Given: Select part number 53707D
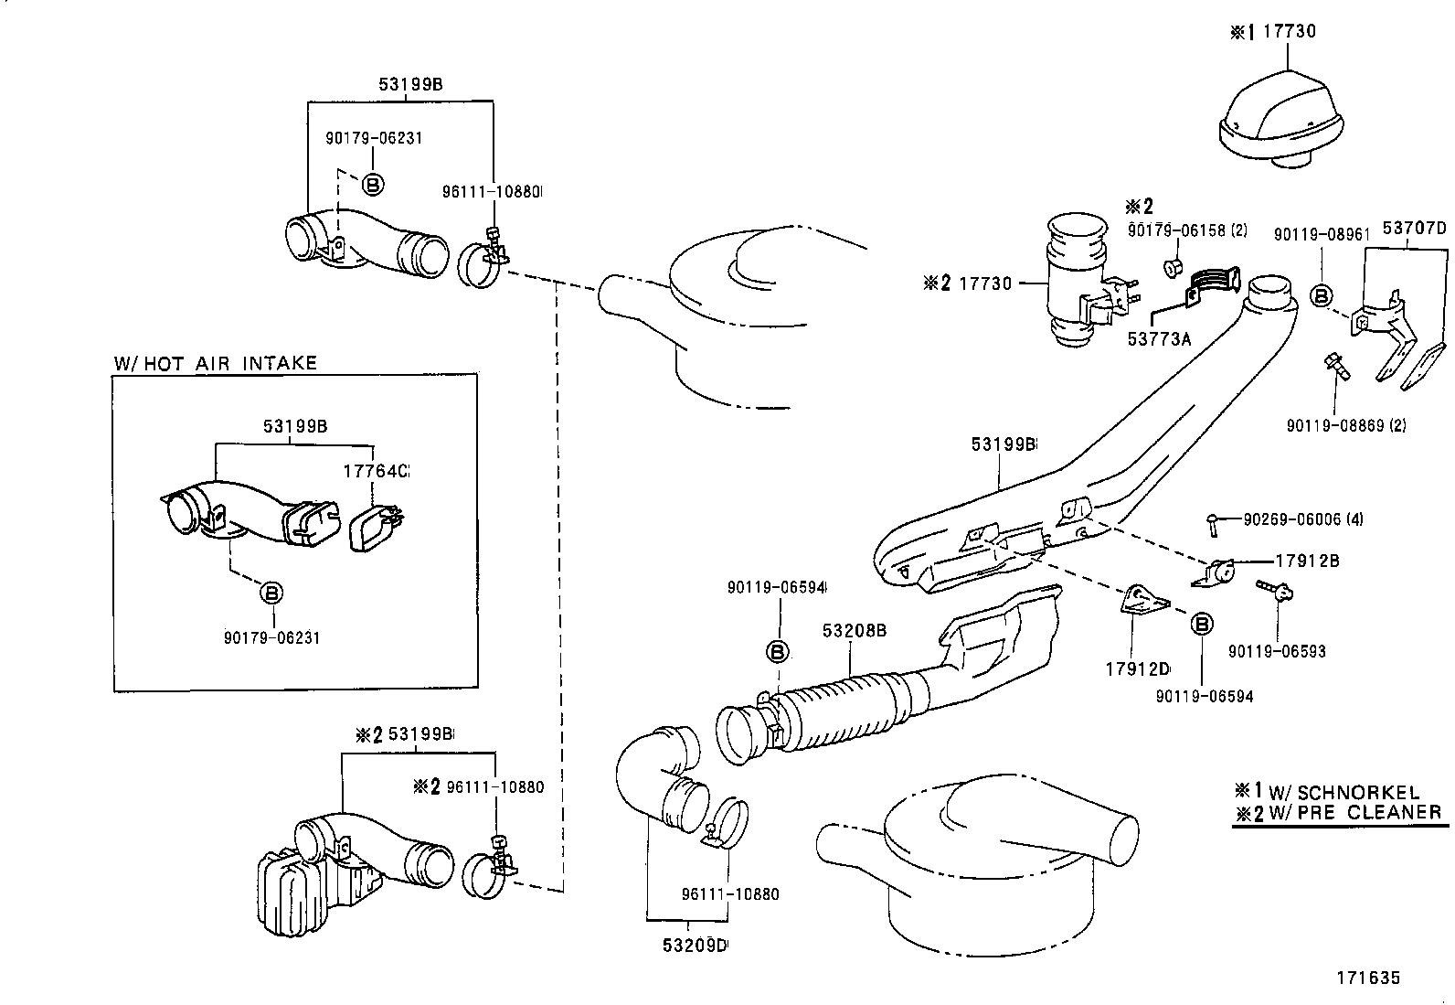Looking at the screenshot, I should (x=1413, y=228).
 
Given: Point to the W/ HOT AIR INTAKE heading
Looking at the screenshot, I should (x=215, y=363).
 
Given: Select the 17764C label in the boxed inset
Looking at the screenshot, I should (x=376, y=471).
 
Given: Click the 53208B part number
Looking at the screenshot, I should (x=854, y=630).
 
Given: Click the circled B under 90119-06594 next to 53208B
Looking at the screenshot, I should (x=776, y=651).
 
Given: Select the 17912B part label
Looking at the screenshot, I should (x=1307, y=561).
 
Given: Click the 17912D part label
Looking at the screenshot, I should (x=1139, y=668).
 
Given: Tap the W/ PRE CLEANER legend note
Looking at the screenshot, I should (x=1339, y=812).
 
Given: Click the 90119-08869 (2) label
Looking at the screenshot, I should (x=1346, y=425).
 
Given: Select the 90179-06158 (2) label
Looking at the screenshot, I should (x=1187, y=230).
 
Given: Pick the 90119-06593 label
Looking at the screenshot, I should (x=1277, y=651).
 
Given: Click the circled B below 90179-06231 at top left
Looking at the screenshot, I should (x=373, y=184).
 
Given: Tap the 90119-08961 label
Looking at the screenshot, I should (x=1321, y=234).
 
